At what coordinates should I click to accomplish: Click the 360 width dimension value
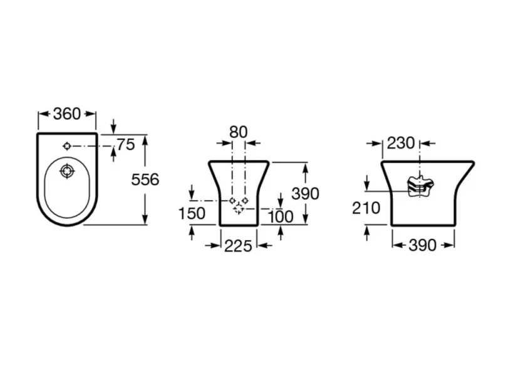coord(67,114)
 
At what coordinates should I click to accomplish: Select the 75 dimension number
coord(125,145)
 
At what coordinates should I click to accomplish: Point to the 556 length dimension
coord(145,179)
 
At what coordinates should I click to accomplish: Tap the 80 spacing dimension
coord(238,132)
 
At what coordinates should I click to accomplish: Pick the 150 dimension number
coord(192,213)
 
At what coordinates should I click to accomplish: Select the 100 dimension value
coord(280,216)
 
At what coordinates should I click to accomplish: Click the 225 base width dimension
coord(238,246)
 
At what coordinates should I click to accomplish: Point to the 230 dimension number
coord(400,143)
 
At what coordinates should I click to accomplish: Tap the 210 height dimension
coord(366,208)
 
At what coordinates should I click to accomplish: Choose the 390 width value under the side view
coord(422,245)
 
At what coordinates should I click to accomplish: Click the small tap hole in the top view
coord(67,145)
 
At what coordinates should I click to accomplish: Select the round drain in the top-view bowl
coord(66,171)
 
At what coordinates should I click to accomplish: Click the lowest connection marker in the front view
coord(238,209)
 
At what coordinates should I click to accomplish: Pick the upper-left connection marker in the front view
coord(232,200)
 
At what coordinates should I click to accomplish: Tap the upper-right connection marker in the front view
coord(245,200)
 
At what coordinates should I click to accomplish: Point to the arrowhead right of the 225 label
coord(262,246)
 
